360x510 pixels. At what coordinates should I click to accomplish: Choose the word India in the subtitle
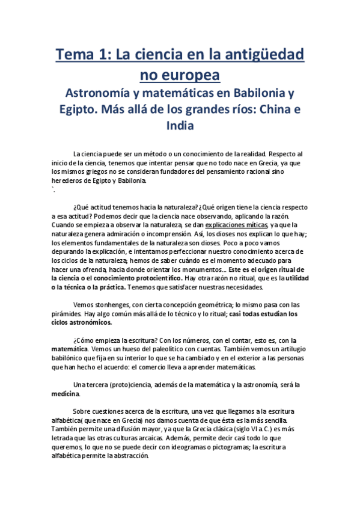(180, 126)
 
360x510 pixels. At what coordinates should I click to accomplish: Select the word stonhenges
(111, 305)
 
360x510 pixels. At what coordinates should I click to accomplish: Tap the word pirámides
(69, 314)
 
